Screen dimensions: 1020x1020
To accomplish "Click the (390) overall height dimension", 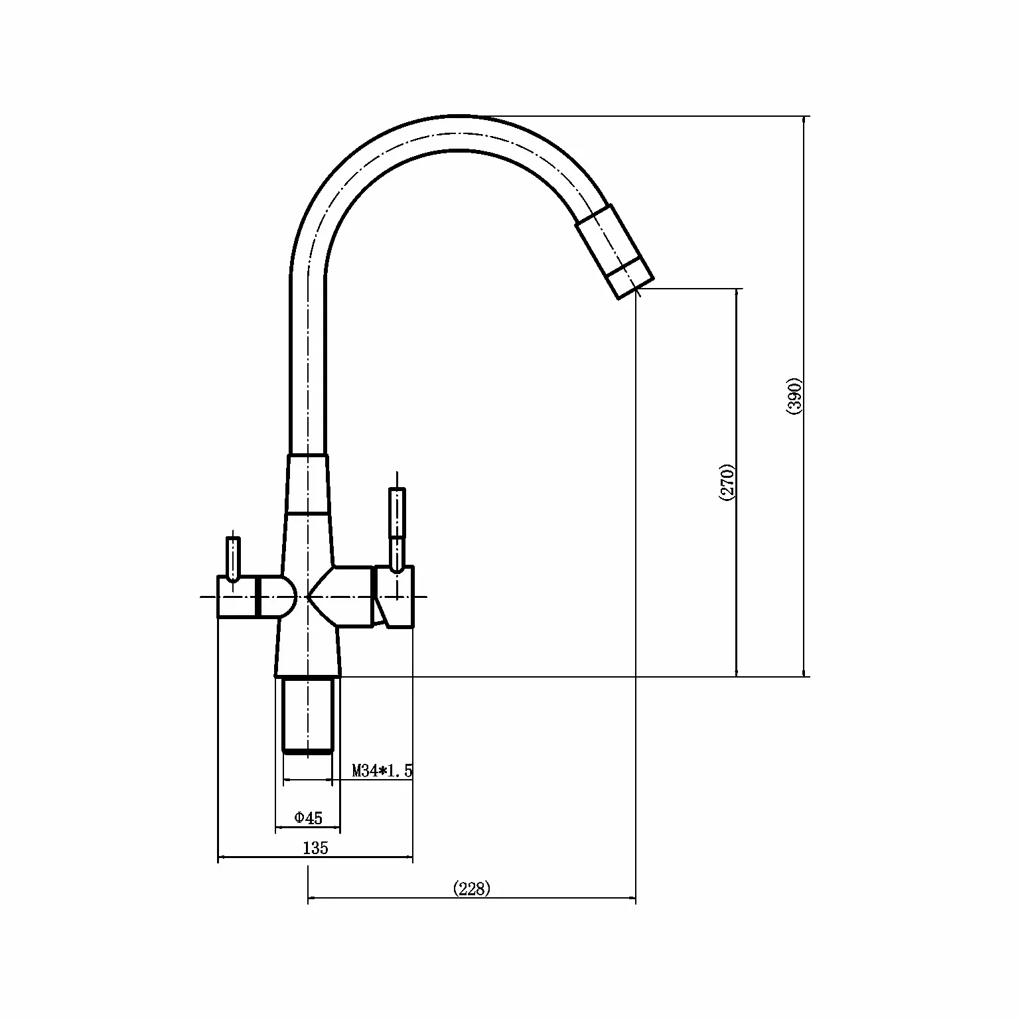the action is [795, 397].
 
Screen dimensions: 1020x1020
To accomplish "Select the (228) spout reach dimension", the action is [471, 889].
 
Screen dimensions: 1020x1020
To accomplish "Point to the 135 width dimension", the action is [315, 847].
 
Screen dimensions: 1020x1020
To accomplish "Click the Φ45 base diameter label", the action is [308, 818].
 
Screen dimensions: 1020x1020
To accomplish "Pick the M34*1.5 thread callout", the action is [382, 770].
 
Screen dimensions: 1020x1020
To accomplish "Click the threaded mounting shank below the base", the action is [307, 715].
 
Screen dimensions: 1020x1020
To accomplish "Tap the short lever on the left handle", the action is [232, 559].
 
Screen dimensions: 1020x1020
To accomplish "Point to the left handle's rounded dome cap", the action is [277, 597].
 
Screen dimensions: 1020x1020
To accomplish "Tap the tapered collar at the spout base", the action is [308, 484].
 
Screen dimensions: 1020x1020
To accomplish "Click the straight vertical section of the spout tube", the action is [308, 365].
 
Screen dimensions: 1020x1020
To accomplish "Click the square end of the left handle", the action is [236, 597].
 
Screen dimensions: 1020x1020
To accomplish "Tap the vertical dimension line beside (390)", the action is [805, 397].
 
